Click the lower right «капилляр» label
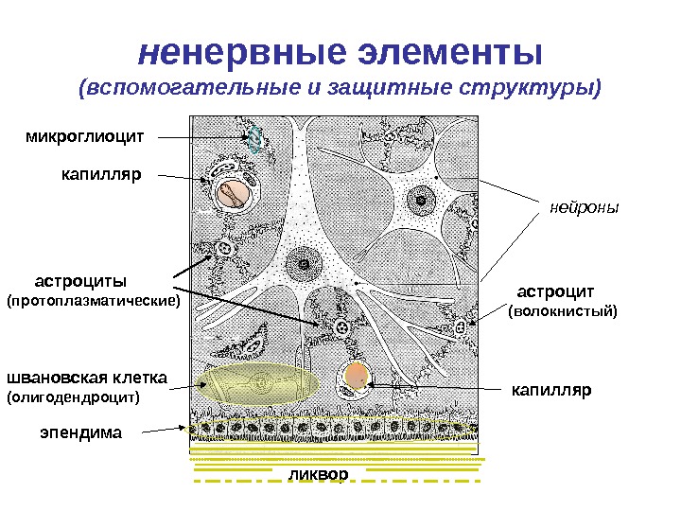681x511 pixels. point(550,389)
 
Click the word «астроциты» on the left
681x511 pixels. point(81,281)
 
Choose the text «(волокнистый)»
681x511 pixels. point(562,310)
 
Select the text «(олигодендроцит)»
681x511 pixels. point(73,397)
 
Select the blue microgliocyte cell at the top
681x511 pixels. point(253,139)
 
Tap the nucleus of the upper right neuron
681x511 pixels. point(418,199)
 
